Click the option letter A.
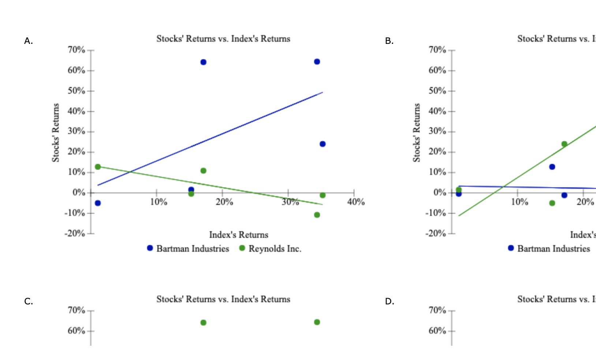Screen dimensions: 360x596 click(x=28, y=41)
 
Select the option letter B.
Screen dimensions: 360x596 click(x=389, y=41)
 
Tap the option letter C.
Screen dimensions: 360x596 click(x=28, y=301)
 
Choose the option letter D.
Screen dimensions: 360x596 click(x=390, y=301)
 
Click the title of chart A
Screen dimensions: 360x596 click(x=223, y=39)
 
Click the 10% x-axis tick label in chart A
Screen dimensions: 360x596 click(x=159, y=202)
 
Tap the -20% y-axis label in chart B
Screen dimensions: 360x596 click(x=436, y=233)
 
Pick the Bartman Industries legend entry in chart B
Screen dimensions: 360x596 click(x=549, y=249)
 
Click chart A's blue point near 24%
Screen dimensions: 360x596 click(x=323, y=144)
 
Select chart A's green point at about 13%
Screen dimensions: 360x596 click(x=98, y=167)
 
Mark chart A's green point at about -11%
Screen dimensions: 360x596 click(x=317, y=215)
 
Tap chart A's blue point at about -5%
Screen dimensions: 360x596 click(x=98, y=203)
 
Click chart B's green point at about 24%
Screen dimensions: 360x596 click(x=564, y=144)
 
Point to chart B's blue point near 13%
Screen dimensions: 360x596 click(x=552, y=167)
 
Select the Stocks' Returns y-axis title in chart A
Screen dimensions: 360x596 click(x=56, y=133)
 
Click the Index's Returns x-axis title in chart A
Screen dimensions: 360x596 click(x=239, y=235)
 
